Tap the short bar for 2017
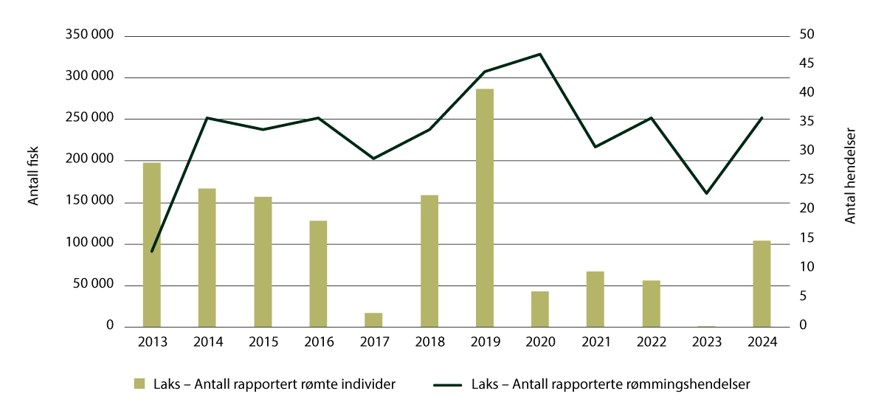373,319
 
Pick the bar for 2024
762,284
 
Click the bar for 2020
539,309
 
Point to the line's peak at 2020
540,54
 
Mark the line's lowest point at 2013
152,252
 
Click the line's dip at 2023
706,193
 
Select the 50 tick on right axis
806,35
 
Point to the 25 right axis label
806,179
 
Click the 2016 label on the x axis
318,342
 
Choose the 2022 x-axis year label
651,342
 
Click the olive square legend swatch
139,384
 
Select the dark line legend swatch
446,384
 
